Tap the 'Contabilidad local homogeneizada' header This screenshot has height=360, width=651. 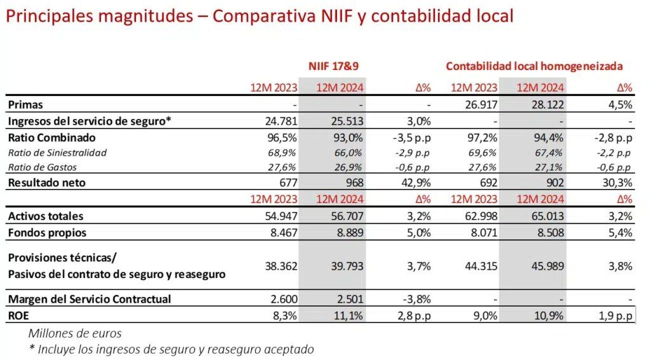click(534, 66)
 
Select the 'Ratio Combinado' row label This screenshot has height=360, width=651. click(51, 137)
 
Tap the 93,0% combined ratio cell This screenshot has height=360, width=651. click(347, 137)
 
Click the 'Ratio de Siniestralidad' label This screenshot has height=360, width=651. click(57, 153)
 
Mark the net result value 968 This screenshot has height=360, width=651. click(353, 183)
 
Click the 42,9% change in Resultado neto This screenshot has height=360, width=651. click(417, 183)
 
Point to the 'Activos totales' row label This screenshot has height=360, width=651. click(46, 216)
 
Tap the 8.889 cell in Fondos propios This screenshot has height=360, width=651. click(350, 233)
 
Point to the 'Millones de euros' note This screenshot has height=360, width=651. click(75, 333)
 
